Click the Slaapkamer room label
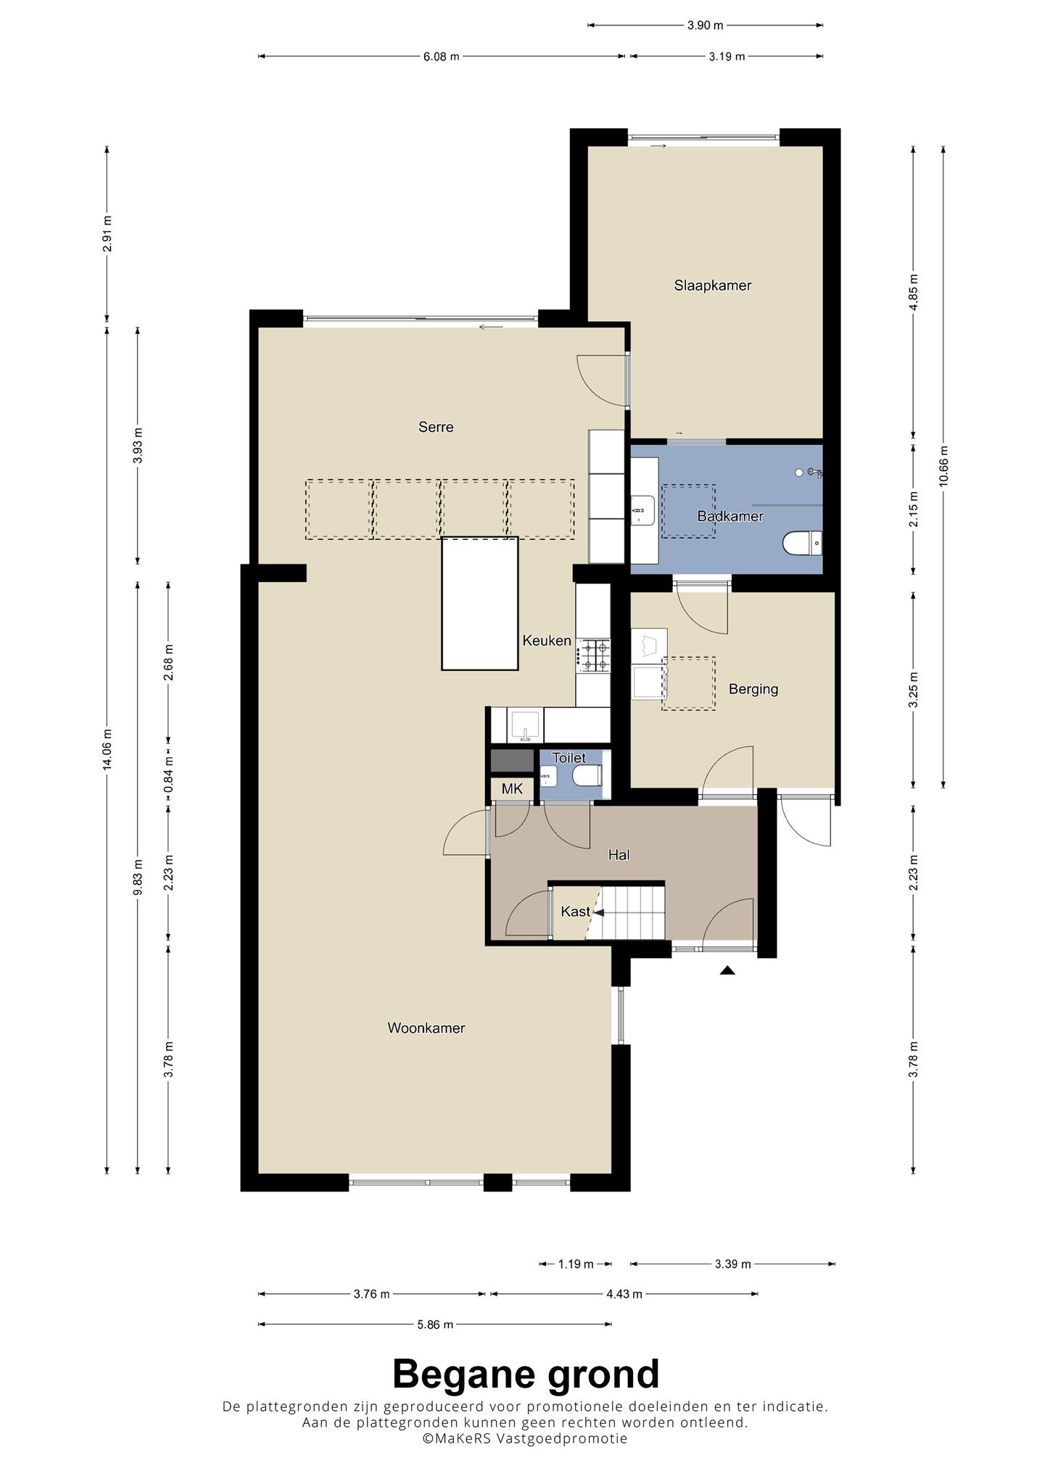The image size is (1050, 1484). point(712,285)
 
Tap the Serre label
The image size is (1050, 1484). point(436,427)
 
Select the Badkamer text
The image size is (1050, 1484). point(730,517)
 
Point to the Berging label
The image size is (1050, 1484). point(753,689)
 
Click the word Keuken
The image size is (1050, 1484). point(547,641)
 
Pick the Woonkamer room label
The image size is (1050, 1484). point(426,1028)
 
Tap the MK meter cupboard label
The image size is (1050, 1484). point(512,789)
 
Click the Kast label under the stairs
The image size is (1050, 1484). point(575,912)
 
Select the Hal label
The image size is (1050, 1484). point(619,855)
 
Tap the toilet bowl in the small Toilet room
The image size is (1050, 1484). point(587,777)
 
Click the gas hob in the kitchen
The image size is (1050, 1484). point(594,655)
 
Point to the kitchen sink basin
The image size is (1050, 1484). point(524,726)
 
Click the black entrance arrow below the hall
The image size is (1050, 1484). point(727,970)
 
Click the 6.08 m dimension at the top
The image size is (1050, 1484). point(442,57)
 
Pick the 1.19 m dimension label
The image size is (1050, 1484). point(576,1264)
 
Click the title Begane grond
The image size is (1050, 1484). point(526,1373)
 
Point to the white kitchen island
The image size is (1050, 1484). point(480,604)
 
